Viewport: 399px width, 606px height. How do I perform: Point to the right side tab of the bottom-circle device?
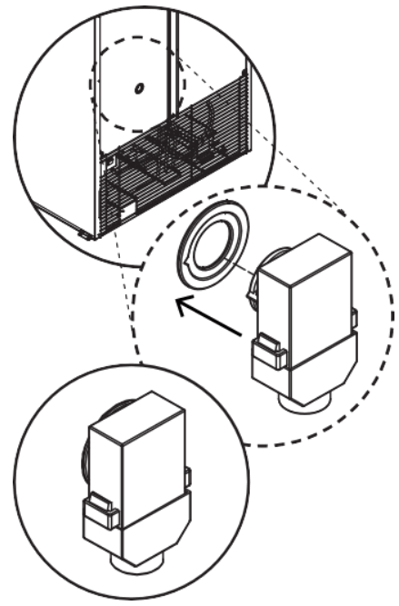pos(186,478)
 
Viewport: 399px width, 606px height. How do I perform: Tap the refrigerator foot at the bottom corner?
pos(85,233)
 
